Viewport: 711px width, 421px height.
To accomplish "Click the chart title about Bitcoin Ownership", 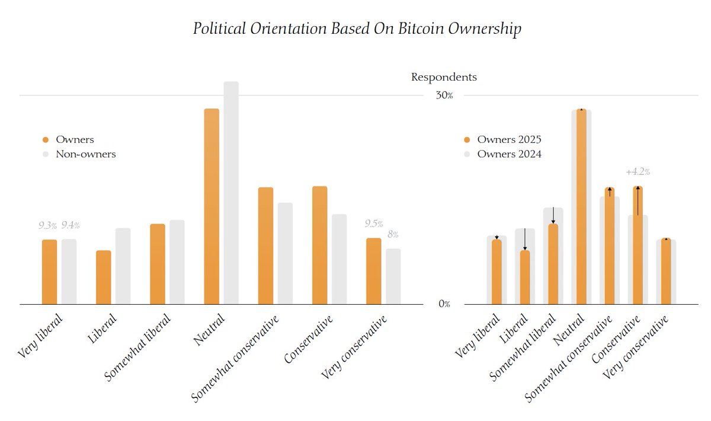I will tap(357, 28).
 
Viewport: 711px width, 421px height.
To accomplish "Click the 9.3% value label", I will tap(48, 225).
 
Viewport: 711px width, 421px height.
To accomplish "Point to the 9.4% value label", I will tap(70, 225).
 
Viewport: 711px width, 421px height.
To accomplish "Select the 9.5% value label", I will tap(373, 224).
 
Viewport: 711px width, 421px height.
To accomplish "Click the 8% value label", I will tap(393, 235).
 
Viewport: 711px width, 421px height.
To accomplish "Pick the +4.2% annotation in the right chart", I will tap(638, 172).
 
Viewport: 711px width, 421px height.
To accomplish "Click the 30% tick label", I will tap(444, 95).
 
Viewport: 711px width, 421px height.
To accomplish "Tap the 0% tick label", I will tap(444, 304).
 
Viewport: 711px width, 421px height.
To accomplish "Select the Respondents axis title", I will tap(444, 77).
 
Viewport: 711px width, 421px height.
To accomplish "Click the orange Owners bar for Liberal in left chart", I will tap(104, 277).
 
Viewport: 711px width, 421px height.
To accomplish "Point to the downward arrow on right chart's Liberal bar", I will tap(525, 240).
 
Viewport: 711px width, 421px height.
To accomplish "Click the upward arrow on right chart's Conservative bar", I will tap(638, 200).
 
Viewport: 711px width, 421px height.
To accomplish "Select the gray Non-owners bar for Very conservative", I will tap(393, 276).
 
